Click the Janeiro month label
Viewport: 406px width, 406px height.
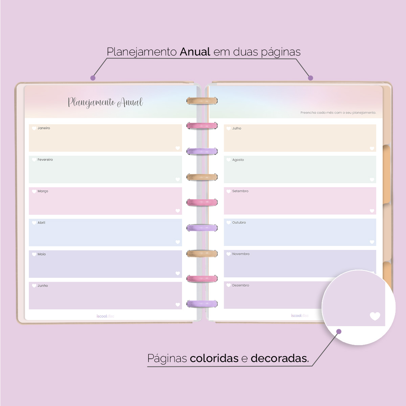pyautogui.click(x=44, y=128)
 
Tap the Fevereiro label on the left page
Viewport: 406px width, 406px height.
pyautogui.click(x=45, y=160)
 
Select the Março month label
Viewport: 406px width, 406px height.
pyautogui.click(x=43, y=191)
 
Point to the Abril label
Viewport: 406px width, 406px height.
pyautogui.click(x=41, y=223)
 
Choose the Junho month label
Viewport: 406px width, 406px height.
pyautogui.click(x=43, y=286)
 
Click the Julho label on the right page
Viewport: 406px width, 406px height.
pyautogui.click(x=236, y=129)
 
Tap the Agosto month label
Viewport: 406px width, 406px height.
pyautogui.click(x=238, y=160)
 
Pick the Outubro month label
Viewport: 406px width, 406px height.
pyautogui.click(x=239, y=223)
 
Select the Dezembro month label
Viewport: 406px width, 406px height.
pyautogui.click(x=241, y=286)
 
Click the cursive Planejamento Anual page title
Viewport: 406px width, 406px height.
pyautogui.click(x=105, y=102)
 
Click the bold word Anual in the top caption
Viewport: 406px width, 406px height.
pyautogui.click(x=195, y=52)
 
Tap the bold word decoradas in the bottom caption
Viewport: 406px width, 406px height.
pyautogui.click(x=279, y=358)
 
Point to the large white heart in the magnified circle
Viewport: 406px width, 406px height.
pyautogui.click(x=375, y=316)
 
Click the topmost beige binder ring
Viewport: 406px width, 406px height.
pyautogui.click(x=202, y=100)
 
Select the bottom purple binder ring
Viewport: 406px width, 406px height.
pyautogui.click(x=202, y=303)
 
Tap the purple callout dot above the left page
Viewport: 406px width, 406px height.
pyautogui.click(x=93, y=78)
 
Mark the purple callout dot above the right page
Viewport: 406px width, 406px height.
pyautogui.click(x=311, y=78)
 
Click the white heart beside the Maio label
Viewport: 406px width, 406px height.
pyautogui.click(x=34, y=254)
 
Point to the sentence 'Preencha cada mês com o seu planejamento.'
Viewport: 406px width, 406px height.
pyautogui.click(x=338, y=113)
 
